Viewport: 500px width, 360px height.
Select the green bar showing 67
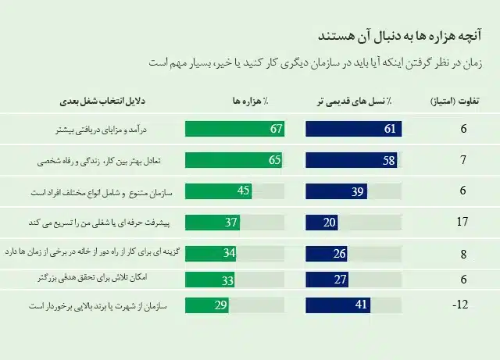(234, 129)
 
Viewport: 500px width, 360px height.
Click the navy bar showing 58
(351, 161)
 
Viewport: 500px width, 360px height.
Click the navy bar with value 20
(321, 223)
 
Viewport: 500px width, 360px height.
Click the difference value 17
(462, 223)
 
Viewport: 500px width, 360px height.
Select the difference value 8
(463, 254)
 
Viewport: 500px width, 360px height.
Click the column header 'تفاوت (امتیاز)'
(458, 102)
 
